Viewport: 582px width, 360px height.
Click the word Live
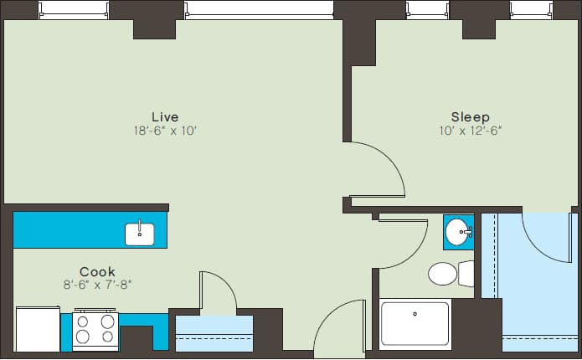click(165, 116)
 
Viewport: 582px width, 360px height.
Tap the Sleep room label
click(470, 116)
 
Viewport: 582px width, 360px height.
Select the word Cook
click(97, 271)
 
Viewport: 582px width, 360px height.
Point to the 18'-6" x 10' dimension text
click(165, 131)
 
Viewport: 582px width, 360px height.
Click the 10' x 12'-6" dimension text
click(470, 131)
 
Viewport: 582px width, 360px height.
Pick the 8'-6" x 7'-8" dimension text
click(97, 285)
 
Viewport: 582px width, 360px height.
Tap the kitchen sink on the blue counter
click(140, 234)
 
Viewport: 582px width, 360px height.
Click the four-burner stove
click(95, 331)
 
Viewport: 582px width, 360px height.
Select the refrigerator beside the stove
click(38, 329)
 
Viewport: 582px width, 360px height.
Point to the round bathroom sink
click(457, 231)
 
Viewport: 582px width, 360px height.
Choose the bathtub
click(415, 325)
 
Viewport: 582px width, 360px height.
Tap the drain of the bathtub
click(415, 315)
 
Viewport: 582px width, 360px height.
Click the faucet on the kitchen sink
click(140, 227)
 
